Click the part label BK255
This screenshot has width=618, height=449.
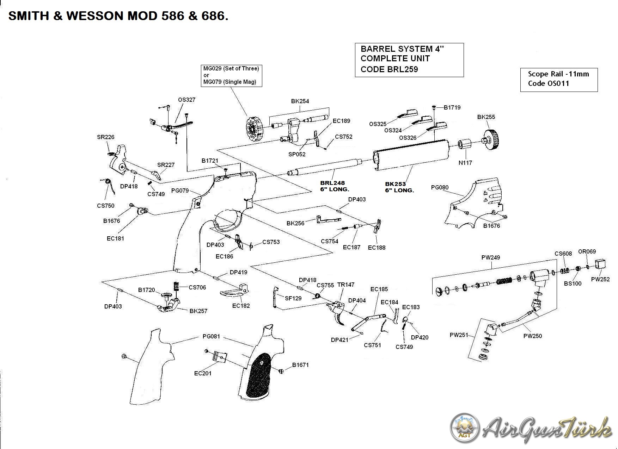click(486, 117)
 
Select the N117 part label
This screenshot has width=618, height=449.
click(465, 163)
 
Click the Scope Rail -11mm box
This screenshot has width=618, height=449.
click(559, 80)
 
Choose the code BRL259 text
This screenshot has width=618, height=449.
click(389, 69)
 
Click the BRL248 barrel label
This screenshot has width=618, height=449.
click(332, 183)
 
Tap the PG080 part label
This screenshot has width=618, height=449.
click(440, 187)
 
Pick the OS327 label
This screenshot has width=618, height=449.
click(186, 100)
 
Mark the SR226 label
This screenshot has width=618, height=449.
click(106, 137)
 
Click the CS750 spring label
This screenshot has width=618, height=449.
click(106, 206)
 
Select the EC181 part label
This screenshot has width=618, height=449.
click(115, 238)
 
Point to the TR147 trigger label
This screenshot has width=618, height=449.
click(345, 285)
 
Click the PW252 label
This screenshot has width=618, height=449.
click(600, 279)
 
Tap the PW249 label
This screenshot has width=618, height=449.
click(491, 257)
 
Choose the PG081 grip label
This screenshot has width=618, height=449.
click(211, 336)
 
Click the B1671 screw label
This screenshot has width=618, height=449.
click(300, 365)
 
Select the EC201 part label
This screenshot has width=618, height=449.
click(203, 373)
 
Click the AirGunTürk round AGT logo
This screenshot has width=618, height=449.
click(465, 428)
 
